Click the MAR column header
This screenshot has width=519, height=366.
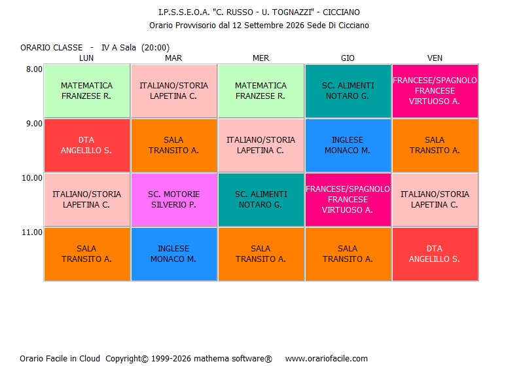pos(173,58)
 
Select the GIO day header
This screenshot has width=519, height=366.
pos(348,58)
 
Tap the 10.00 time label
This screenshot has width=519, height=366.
pos(32,178)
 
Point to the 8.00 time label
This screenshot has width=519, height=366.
pos(35,69)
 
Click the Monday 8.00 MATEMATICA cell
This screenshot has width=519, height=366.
pos(87,91)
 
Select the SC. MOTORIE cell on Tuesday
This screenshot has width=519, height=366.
pos(174,200)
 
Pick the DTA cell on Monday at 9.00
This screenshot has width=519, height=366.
pos(87,145)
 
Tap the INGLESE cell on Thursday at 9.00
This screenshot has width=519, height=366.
pos(348,145)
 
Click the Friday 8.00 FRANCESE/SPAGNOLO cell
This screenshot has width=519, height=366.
pos(435,91)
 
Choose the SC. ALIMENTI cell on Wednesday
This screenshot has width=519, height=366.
pos(261,200)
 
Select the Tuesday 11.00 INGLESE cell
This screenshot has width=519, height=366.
pos(174,254)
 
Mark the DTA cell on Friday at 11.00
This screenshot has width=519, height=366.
pos(435,254)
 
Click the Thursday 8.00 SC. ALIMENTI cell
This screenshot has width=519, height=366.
pos(348,91)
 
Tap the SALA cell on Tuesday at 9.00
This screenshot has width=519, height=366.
pos(174,145)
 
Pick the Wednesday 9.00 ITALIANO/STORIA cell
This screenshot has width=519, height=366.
pos(261,145)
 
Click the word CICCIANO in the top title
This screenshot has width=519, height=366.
pos(341,12)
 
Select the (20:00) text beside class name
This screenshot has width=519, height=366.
pos(155,48)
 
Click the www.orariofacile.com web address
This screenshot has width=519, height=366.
pos(327,358)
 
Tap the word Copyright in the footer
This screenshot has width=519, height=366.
pos(127,359)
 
